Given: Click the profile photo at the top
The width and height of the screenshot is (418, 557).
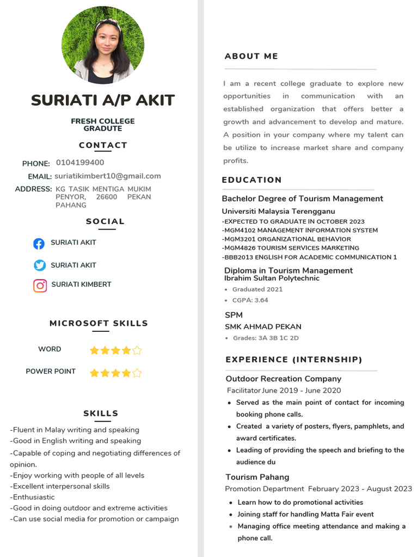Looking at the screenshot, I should tap(103, 46).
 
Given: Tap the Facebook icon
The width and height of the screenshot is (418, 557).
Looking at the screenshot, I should tap(39, 243).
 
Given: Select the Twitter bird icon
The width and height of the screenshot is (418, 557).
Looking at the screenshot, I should tap(40, 265).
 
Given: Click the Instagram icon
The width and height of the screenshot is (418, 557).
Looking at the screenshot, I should tap(40, 285).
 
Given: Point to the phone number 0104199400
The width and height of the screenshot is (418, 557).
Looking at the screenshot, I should tap(80, 163).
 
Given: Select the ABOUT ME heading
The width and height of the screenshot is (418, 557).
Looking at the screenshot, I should tap(251, 56).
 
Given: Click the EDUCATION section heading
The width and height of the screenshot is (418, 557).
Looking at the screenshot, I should tap(252, 180).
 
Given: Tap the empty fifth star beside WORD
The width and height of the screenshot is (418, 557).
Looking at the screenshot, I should tap(137, 350).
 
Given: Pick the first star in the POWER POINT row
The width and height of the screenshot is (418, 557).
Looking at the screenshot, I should tap(94, 373).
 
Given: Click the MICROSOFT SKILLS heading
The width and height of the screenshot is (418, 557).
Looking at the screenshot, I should tap(99, 323).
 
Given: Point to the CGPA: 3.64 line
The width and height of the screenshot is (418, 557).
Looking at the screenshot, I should tap(250, 300).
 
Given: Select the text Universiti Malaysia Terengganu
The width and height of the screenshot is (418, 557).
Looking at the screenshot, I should tap(279, 211).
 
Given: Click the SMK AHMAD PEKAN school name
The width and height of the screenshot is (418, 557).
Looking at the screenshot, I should tap(263, 327).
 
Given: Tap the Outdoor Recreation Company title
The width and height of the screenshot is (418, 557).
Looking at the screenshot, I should tap(284, 379).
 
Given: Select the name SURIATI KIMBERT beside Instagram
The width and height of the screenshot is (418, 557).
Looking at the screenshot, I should tap(81, 284).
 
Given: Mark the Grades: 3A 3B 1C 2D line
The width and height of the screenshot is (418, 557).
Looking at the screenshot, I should tap(266, 338).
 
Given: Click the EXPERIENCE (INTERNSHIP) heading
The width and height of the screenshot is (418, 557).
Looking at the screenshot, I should tap(294, 360).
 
